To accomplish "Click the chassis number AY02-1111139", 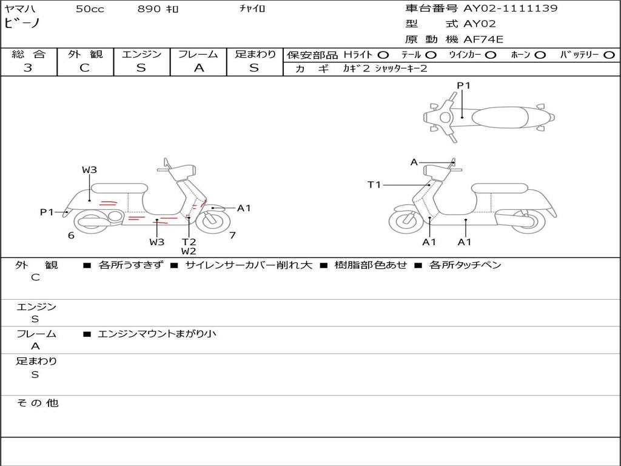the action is point(511,8).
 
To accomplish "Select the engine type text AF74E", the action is point(483,39).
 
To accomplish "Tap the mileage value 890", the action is point(149,8).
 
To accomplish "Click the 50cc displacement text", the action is point(90,8).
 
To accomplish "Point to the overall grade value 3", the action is point(28,68).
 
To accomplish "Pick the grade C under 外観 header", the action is point(84,68).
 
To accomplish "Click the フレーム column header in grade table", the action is point(198,54).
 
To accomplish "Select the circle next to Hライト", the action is point(383,55).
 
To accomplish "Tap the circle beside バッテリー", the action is point(609,55).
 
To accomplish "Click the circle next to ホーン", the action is point(540,55).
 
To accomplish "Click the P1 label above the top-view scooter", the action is point(463,85).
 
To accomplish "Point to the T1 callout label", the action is point(374,184).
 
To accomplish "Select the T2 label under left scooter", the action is point(189,241).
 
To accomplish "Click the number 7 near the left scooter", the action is point(232,235).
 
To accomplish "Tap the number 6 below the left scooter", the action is point(71,235).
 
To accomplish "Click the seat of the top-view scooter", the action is point(500,117).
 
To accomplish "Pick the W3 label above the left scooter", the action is point(90,170).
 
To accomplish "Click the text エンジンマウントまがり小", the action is point(157,334).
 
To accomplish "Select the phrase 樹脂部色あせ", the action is point(371,265).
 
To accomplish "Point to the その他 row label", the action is point(38,403).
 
